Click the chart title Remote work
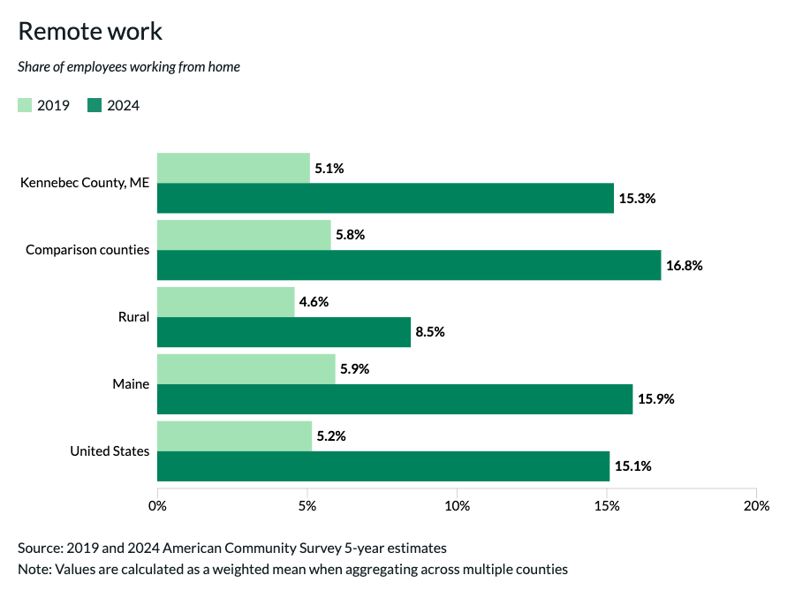pos(90,31)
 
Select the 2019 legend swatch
pos(25,106)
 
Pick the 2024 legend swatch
pos(95,106)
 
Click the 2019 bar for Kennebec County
pos(233,168)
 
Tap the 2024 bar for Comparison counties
pos(409,265)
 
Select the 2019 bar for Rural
pos(225,302)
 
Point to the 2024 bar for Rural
pos(284,332)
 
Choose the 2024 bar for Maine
pos(395,399)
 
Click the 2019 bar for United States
pos(234,436)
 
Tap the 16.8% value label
pos(685,265)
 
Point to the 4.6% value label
pos(314,302)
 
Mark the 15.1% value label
pos(633,466)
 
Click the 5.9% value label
pos(354,369)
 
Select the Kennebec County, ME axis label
pos(85,183)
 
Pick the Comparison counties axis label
pos(87,250)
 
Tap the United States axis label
pos(110,451)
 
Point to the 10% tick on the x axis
pos(457,506)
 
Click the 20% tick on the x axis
pos(756,506)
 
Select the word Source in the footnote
pos(39,548)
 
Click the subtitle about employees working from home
pos(129,66)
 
